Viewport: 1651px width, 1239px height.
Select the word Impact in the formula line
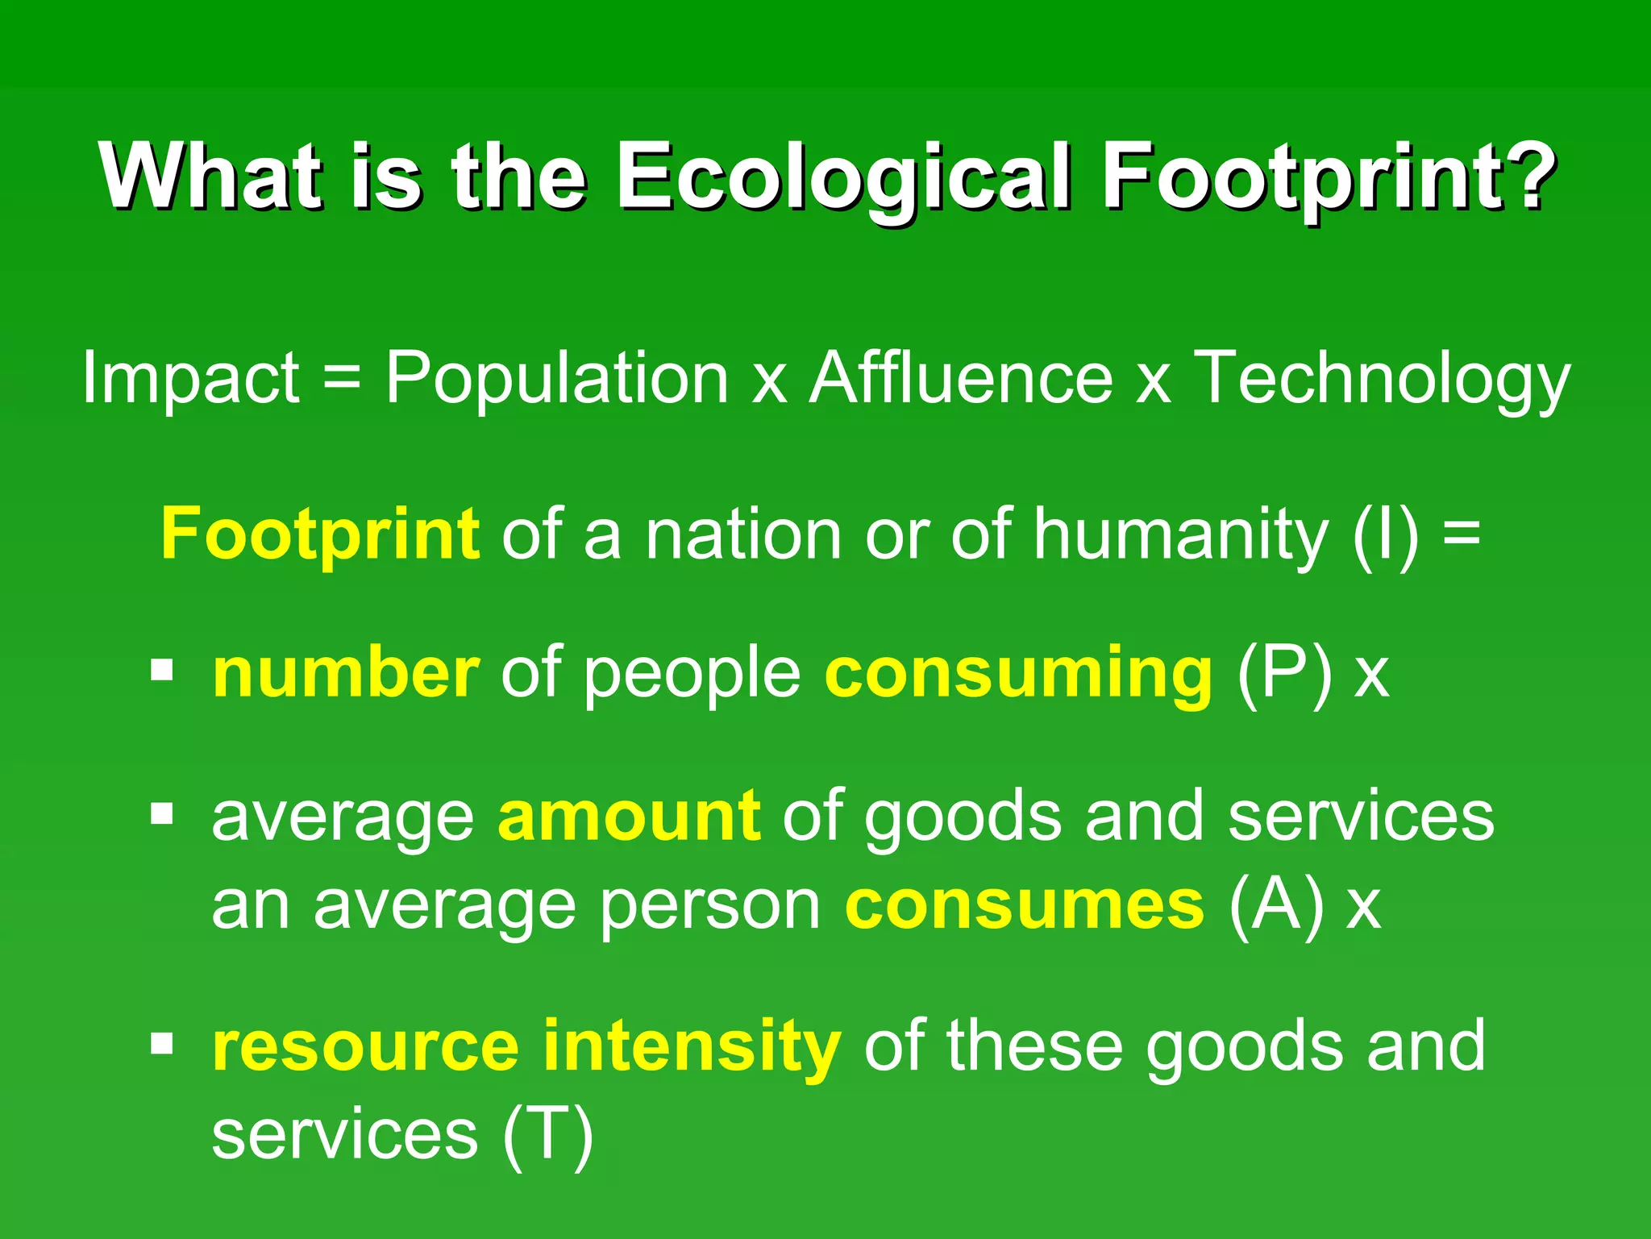click(x=191, y=379)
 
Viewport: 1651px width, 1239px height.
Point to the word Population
click(x=556, y=379)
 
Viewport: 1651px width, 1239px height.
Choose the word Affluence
click(x=962, y=379)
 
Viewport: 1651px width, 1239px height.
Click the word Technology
click(x=1381, y=379)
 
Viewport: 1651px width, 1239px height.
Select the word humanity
click(x=1180, y=534)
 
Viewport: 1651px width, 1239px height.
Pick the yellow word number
click(x=345, y=673)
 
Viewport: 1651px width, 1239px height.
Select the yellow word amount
click(x=629, y=817)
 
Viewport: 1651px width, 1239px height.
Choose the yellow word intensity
click(x=692, y=1046)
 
